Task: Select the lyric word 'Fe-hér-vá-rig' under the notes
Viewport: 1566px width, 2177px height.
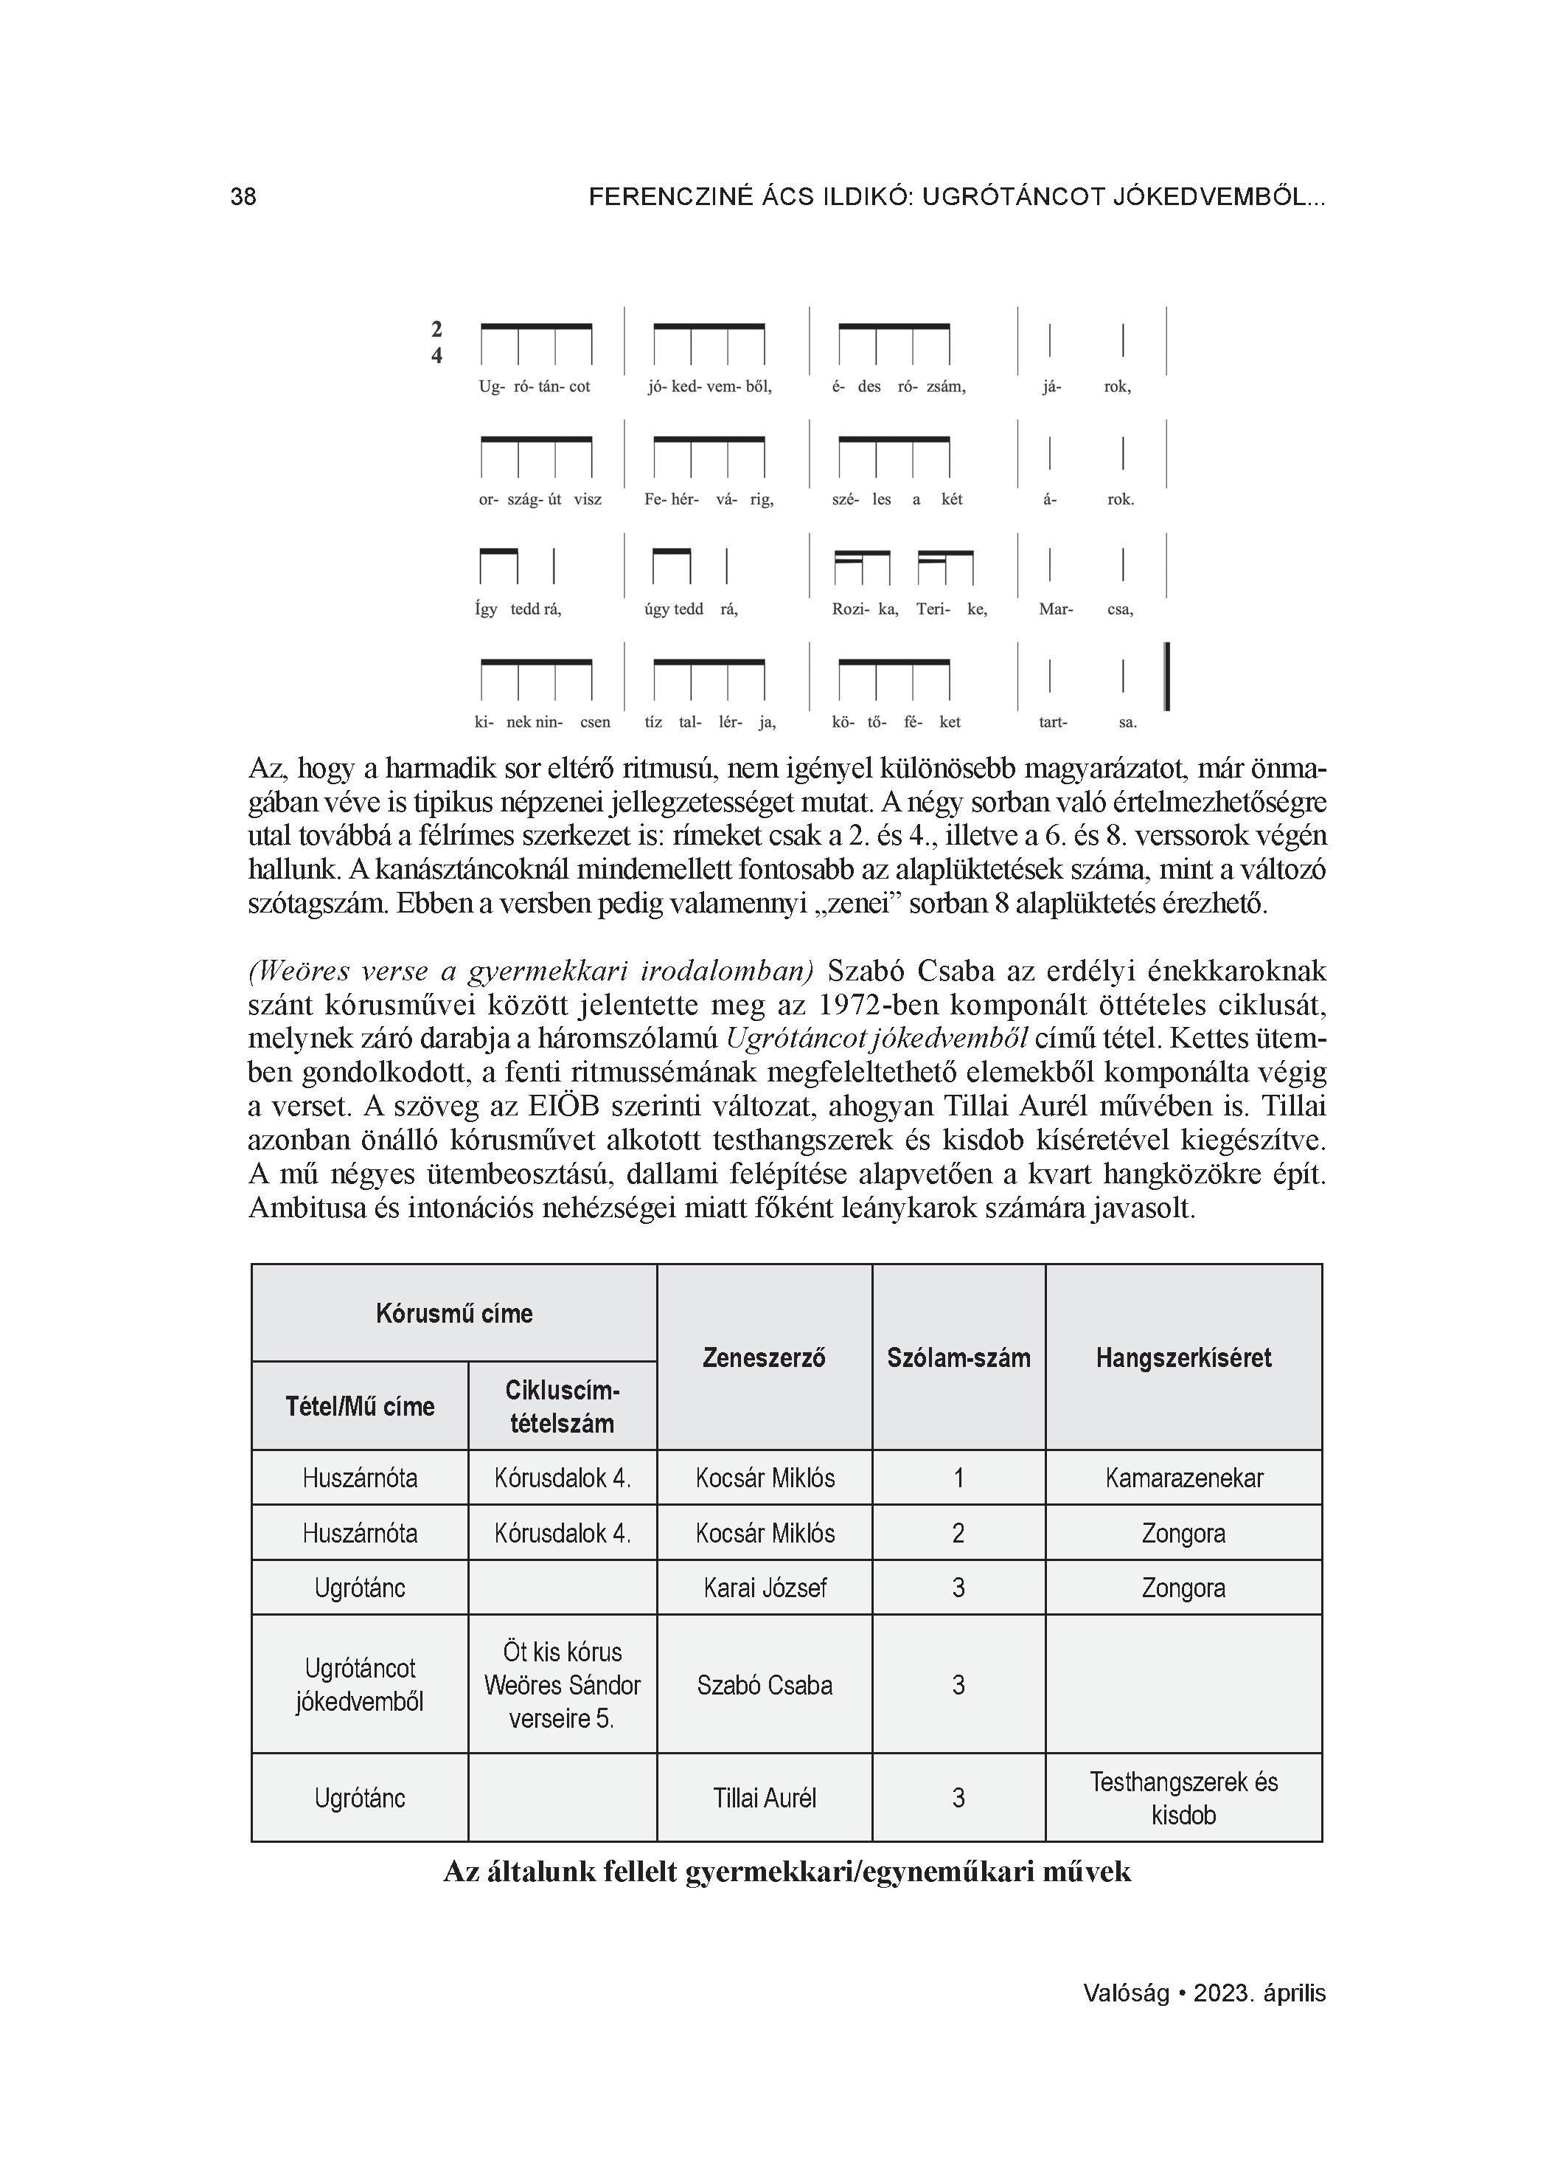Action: click(709, 499)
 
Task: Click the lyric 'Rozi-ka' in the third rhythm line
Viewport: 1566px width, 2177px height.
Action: click(865, 609)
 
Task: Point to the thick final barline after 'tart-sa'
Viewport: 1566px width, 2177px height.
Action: click(1166, 676)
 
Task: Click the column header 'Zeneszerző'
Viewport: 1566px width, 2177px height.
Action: click(764, 1357)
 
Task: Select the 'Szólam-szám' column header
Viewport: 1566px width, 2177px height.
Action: click(958, 1357)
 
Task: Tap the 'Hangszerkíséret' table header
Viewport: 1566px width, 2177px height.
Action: click(1183, 1357)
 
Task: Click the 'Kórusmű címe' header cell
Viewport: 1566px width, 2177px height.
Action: click(454, 1313)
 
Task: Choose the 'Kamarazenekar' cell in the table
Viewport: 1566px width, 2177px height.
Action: click(1183, 1477)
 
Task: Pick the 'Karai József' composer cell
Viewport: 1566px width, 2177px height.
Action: click(764, 1588)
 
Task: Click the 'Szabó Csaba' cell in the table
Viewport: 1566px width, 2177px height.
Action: click(764, 1686)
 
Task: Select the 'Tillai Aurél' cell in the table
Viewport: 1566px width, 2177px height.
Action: click(764, 1798)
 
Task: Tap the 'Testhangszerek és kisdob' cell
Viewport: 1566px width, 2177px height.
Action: click(1183, 1798)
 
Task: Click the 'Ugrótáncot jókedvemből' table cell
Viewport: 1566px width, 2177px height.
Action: click(360, 1686)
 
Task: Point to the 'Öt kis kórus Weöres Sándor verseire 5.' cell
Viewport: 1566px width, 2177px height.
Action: click(563, 1686)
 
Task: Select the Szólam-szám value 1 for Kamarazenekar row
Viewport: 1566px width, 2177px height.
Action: click(958, 1477)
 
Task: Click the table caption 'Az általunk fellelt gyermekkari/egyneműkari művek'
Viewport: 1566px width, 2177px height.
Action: click(787, 1872)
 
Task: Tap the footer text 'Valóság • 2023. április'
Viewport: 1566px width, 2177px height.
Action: click(1204, 1993)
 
